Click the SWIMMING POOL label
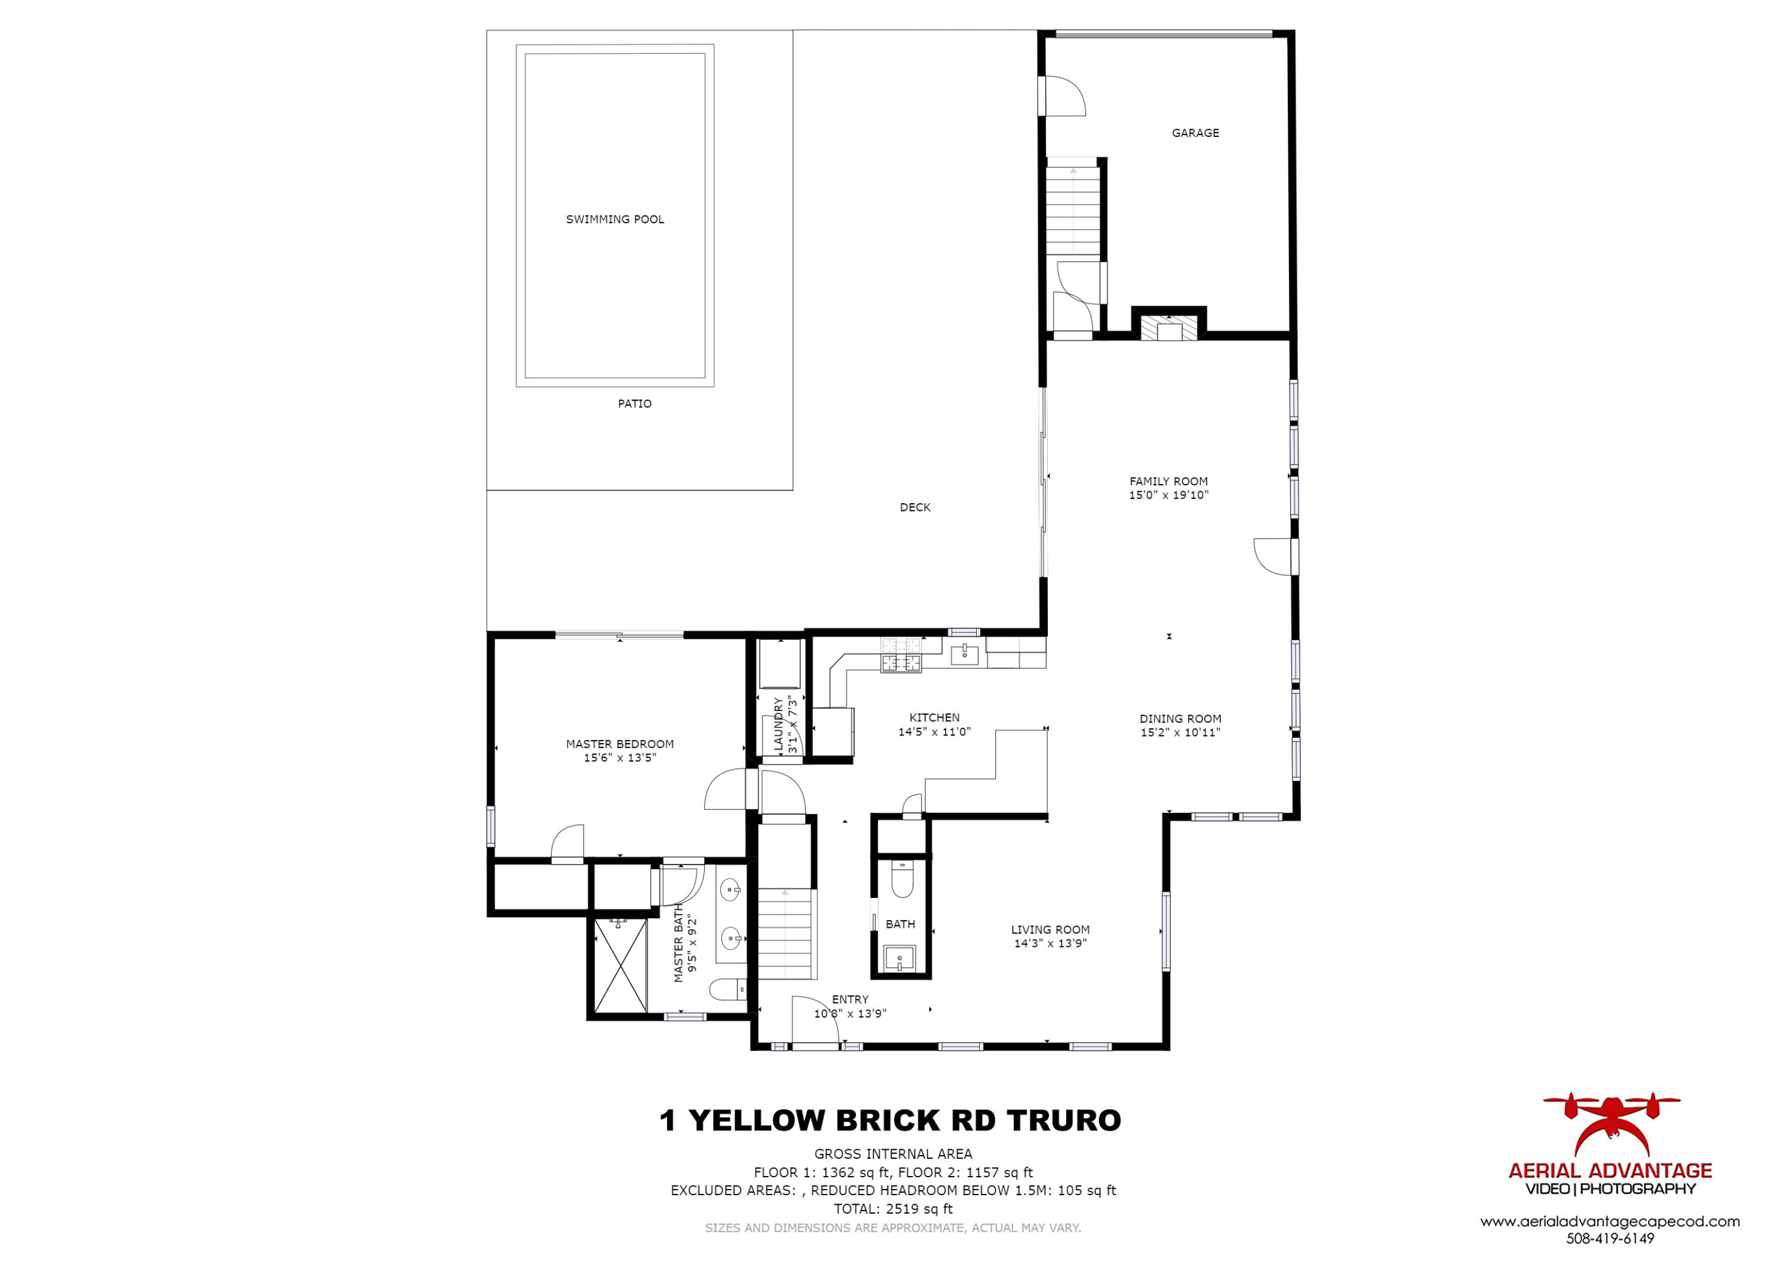(615, 220)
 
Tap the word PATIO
(634, 403)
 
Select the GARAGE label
(1196, 133)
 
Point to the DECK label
(916, 507)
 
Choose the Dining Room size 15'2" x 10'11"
(1180, 732)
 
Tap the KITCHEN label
(935, 718)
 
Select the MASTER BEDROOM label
(619, 744)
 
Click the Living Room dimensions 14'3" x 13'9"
(1050, 943)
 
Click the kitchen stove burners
(901, 654)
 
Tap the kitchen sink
(965, 654)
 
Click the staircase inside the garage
(1073, 210)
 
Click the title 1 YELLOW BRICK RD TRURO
(891, 1121)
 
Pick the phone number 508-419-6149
(1609, 1238)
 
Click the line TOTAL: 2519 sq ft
(893, 1209)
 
